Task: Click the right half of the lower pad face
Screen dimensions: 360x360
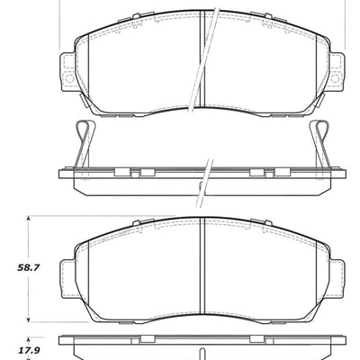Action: click(x=261, y=270)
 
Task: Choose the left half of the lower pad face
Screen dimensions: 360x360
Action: click(x=135, y=270)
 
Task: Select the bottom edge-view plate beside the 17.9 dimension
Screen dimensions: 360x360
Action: click(x=198, y=346)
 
